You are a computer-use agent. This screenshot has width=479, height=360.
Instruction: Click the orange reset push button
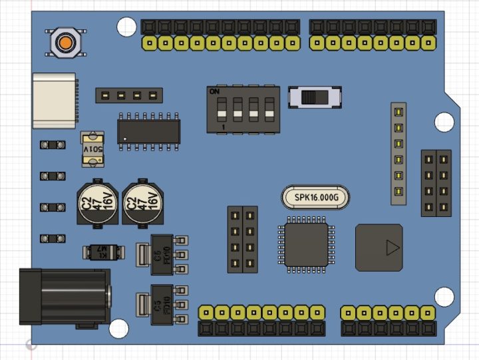click(65, 42)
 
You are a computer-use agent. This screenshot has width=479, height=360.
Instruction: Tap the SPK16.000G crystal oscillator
click(315, 198)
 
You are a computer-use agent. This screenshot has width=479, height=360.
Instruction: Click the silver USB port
click(55, 100)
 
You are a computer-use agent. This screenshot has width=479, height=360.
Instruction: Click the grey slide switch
click(315, 97)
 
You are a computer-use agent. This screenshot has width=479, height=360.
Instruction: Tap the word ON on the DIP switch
click(215, 91)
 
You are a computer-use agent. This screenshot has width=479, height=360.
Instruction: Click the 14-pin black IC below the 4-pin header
click(149, 129)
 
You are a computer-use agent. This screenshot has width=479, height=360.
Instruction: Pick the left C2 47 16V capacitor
click(98, 202)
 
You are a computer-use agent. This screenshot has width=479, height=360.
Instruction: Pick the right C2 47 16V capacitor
click(144, 202)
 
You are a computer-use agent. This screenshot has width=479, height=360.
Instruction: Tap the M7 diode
click(102, 252)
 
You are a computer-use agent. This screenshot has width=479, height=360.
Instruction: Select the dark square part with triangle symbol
click(379, 248)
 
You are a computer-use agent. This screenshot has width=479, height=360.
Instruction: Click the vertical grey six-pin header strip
click(398, 153)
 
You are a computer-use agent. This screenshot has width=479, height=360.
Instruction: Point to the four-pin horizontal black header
click(128, 95)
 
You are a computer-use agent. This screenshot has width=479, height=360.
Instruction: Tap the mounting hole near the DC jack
click(118, 328)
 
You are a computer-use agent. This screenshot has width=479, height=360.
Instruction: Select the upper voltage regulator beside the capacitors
click(164, 254)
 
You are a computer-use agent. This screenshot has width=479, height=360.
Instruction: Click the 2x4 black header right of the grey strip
click(436, 183)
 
